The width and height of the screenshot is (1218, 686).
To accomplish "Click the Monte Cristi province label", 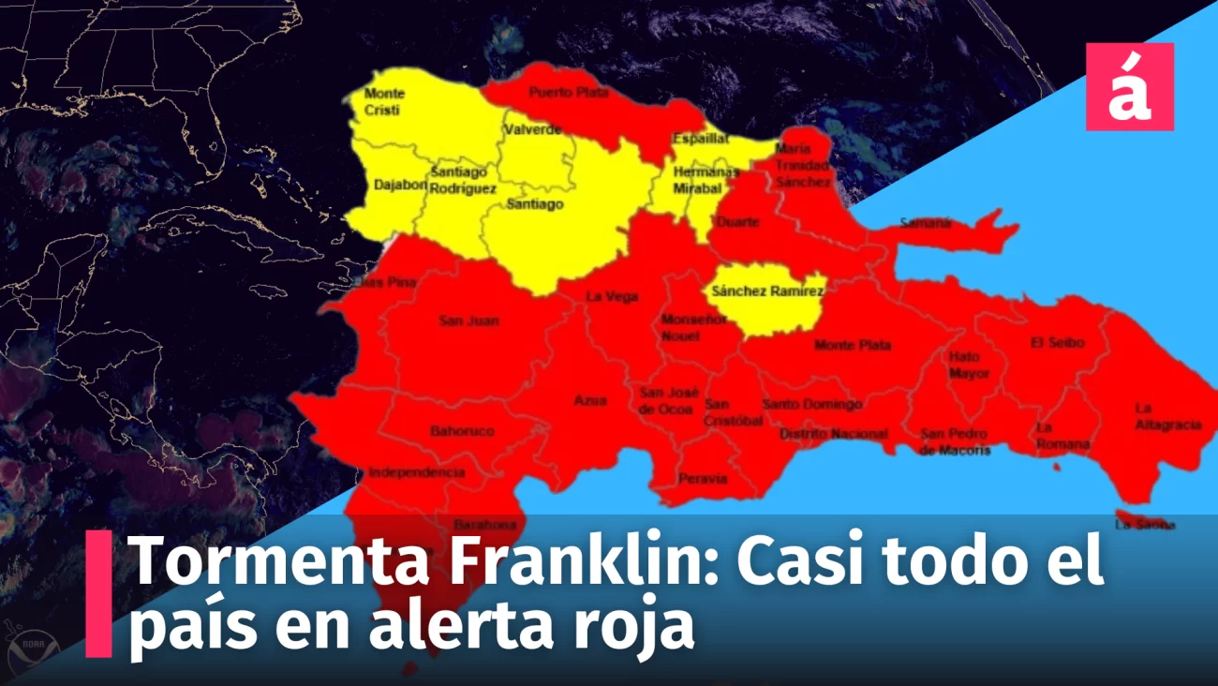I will (x=383, y=102).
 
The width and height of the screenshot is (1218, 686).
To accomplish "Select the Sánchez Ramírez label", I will (x=767, y=291).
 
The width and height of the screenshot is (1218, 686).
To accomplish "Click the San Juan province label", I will (x=468, y=321).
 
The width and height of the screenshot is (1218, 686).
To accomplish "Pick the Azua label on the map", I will (x=590, y=401).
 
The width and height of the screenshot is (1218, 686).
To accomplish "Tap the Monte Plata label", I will (x=853, y=346).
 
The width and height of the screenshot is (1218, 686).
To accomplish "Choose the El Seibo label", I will (x=1057, y=343).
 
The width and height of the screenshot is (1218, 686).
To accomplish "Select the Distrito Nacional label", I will (x=833, y=434).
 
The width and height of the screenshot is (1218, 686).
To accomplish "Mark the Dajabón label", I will (x=400, y=186).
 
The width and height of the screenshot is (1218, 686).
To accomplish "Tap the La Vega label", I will (x=612, y=297).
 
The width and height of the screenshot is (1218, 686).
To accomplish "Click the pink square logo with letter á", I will (x=1129, y=86).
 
